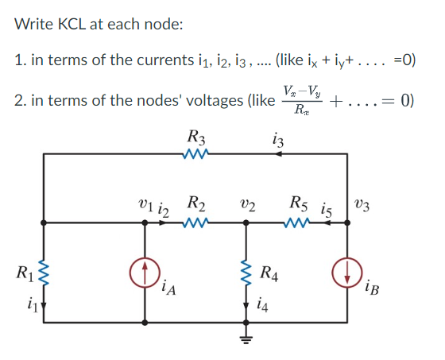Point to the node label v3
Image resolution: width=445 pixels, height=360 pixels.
click(x=363, y=204)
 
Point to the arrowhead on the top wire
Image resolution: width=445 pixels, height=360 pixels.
click(x=276, y=156)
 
